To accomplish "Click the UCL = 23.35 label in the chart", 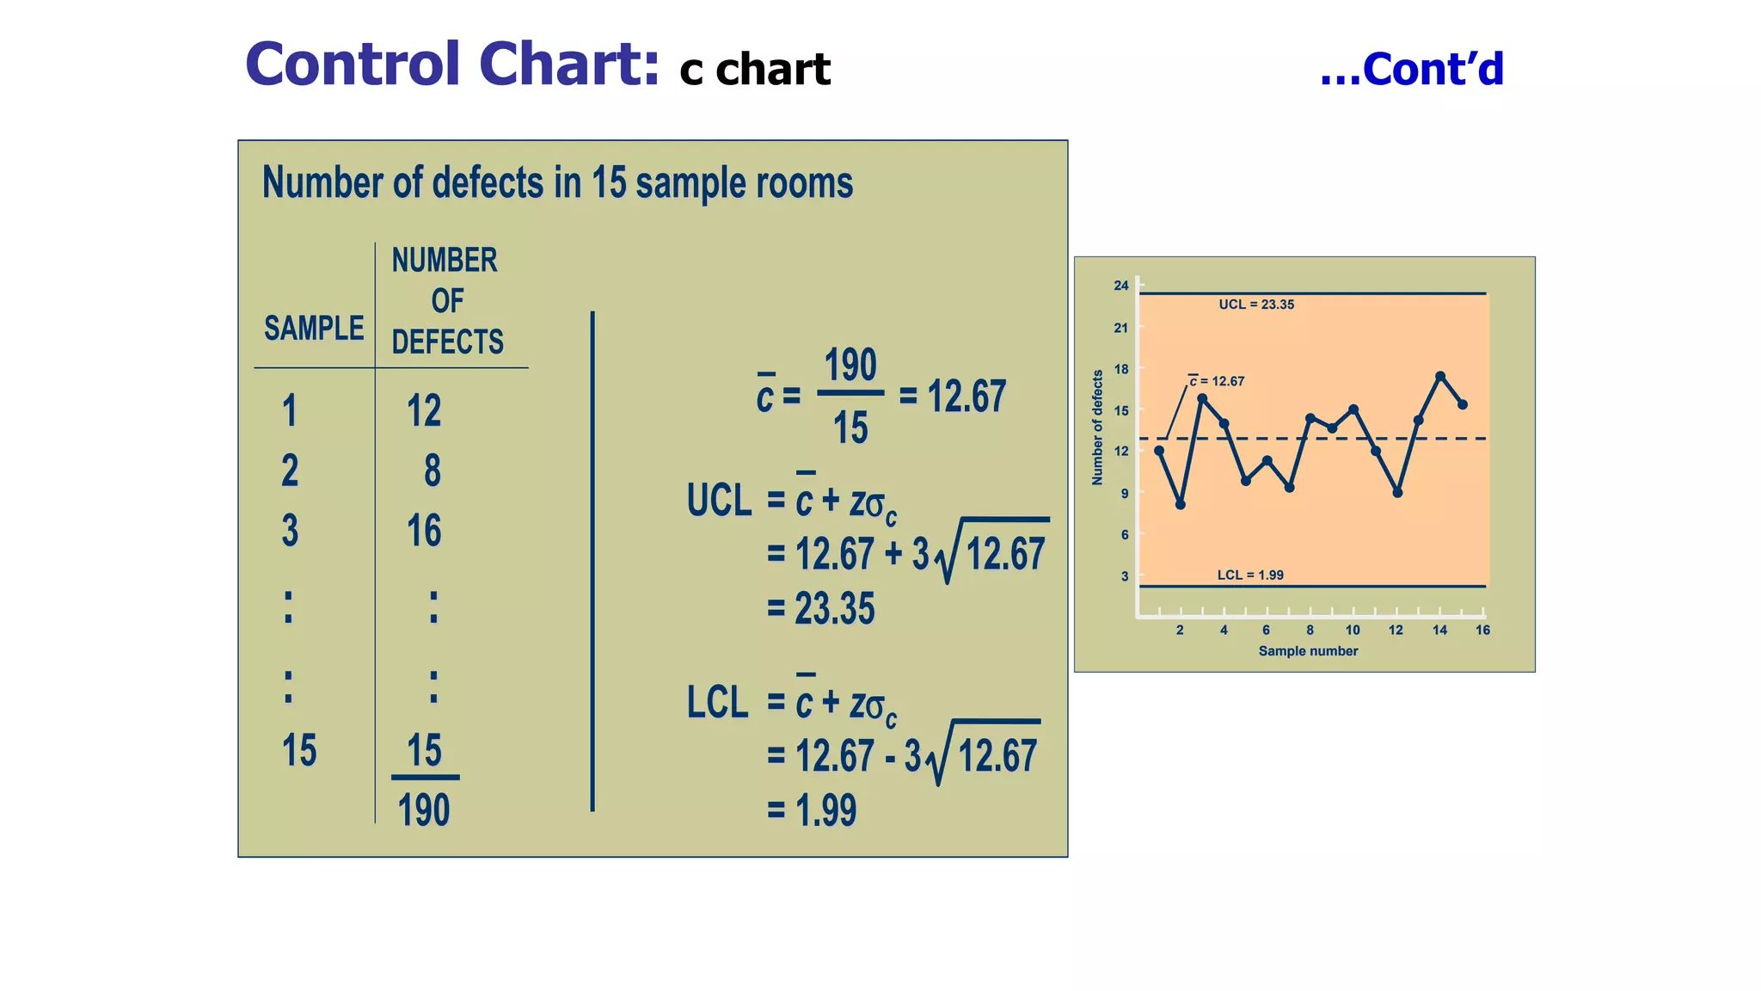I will point(1255,305).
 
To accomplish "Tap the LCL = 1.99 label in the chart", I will point(1249,575).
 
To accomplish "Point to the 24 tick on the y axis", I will point(1121,286).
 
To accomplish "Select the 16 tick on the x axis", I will point(1482,630).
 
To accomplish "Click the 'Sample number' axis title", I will point(1308,651).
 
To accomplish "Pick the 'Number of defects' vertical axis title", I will point(1097,428).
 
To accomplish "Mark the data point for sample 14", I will point(1440,376).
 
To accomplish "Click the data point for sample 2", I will point(1181,505).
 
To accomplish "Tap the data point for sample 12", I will point(1397,493).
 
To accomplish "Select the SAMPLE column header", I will point(314,329).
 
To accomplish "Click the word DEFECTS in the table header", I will point(447,342).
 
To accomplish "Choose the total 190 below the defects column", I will point(424,810).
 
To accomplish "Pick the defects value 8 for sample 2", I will point(432,471).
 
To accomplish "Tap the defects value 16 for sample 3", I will point(424,531).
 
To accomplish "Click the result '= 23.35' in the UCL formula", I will point(821,608).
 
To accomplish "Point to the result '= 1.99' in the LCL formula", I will point(813,810).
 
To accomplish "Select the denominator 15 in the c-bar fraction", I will point(850,428).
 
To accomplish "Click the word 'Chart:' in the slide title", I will point(569,65).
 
